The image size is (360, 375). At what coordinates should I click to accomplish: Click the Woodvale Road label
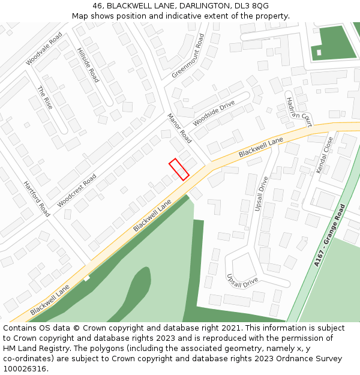[x=44, y=49]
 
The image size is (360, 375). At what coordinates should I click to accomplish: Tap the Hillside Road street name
[x=88, y=65]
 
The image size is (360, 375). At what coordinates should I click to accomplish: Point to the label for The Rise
[x=45, y=98]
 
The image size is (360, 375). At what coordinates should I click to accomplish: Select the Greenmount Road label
[x=188, y=56]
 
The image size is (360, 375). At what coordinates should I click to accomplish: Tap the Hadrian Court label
[x=299, y=112]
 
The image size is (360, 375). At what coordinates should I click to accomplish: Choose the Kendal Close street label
[x=325, y=155]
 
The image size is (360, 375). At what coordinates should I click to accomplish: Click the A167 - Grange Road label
[x=330, y=235]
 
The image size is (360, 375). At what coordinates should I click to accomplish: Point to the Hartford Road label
[x=37, y=199]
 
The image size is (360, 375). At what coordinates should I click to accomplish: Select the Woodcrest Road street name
[x=77, y=191]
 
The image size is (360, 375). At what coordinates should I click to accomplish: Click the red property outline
[x=179, y=169]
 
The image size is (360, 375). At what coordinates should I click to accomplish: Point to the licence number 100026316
[x=25, y=369]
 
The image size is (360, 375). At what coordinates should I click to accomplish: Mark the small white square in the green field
[x=319, y=53]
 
